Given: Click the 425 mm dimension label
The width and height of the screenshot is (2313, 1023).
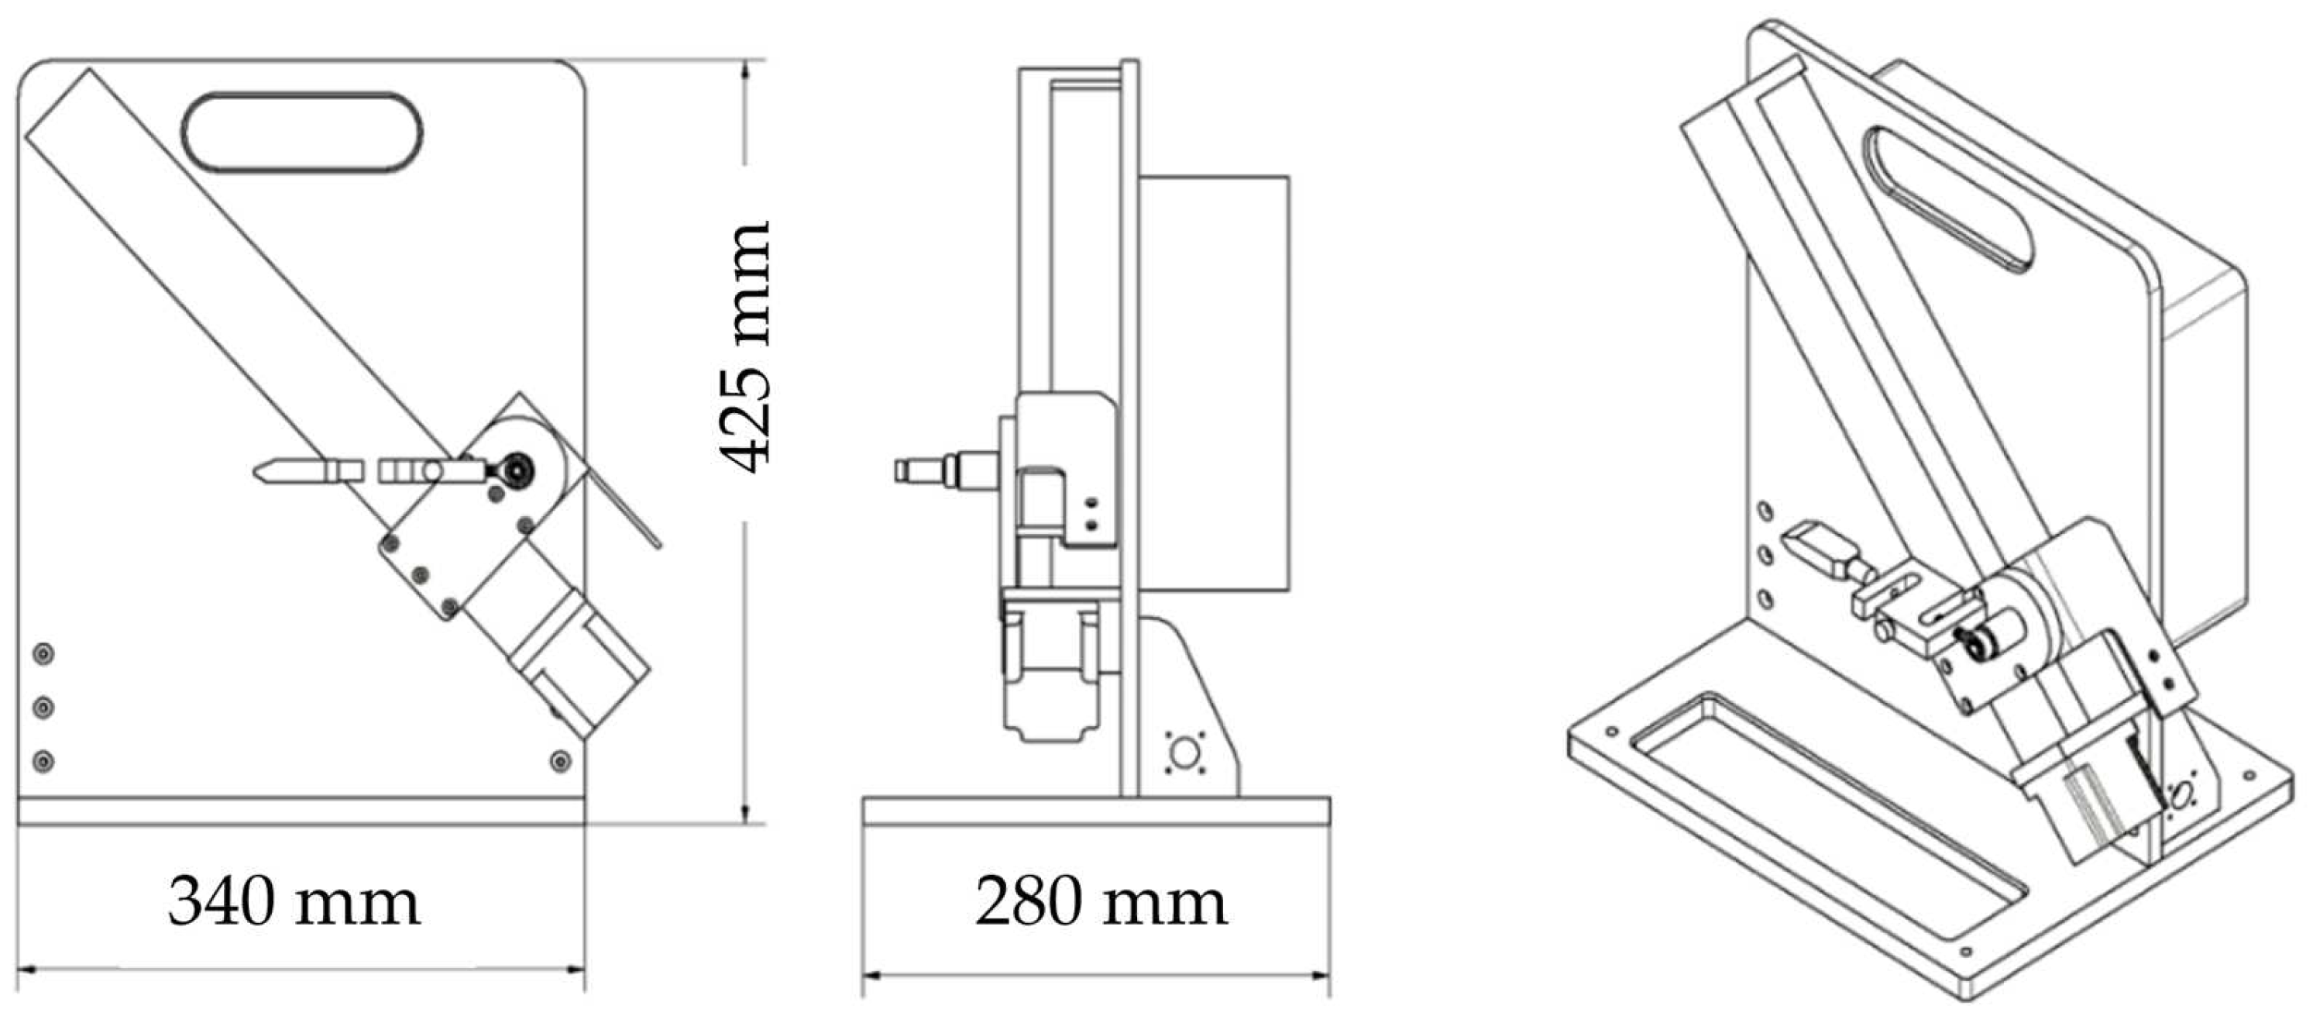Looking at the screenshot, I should point(745,346).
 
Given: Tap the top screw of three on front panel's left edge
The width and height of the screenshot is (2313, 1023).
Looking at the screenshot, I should point(42,654).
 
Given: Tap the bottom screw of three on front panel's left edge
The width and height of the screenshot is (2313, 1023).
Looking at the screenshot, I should point(42,762).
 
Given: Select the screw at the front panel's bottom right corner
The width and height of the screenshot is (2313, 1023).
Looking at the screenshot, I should point(560,761).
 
